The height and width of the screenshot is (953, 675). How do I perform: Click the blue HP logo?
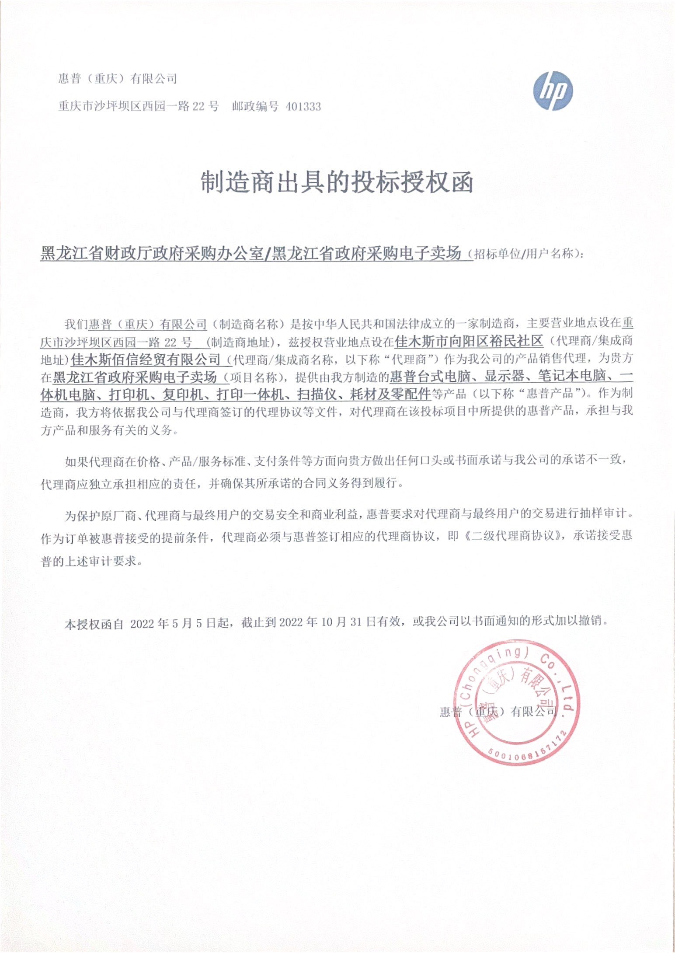(553, 91)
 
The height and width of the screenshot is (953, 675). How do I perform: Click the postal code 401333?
(303, 107)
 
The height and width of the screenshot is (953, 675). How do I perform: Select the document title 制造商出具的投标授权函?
(337, 182)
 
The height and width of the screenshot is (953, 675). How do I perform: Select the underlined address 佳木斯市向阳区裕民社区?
(469, 341)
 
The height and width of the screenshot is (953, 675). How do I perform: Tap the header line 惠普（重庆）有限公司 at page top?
(118, 79)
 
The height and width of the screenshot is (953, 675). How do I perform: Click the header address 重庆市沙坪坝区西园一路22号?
(138, 107)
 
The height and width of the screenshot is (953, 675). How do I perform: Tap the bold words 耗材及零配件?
(390, 394)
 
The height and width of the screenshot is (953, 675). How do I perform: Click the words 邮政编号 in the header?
(255, 107)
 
